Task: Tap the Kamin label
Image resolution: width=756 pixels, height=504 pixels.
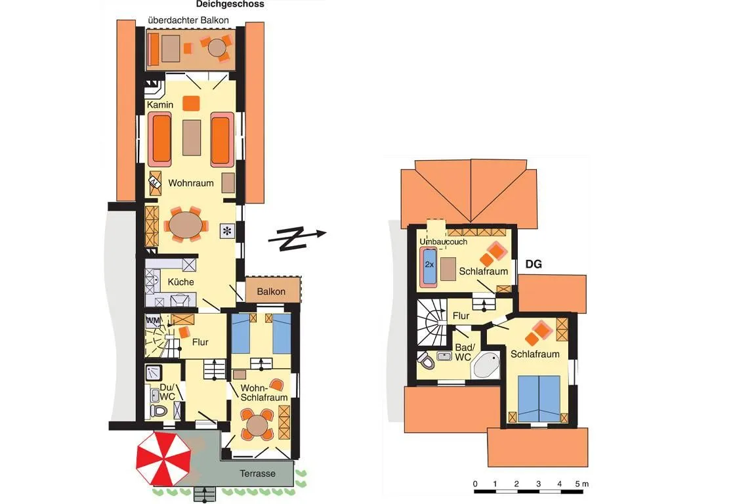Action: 160,104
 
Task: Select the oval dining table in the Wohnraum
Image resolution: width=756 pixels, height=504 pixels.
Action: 186,224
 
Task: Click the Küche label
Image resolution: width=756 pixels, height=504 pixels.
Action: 181,282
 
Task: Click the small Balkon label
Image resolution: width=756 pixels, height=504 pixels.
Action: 271,291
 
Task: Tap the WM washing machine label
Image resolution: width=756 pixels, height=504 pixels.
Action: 153,320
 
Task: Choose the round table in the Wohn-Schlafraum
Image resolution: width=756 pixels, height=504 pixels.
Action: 257,425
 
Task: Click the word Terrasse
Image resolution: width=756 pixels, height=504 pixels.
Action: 257,474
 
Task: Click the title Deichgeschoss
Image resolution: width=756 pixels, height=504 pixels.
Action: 230,5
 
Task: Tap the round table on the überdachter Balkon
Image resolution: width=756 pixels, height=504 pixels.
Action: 217,48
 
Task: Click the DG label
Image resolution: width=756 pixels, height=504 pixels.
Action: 534,264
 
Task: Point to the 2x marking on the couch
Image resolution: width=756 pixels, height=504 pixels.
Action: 429,264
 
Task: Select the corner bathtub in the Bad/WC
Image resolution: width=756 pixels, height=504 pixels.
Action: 486,366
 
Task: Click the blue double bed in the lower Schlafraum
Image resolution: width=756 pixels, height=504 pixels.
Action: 539,398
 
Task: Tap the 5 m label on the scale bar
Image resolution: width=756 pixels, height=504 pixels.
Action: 582,484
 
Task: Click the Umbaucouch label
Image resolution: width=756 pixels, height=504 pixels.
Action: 443,241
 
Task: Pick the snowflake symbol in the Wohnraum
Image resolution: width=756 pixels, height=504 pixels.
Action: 227,231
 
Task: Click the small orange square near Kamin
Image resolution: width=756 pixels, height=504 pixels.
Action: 192,103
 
